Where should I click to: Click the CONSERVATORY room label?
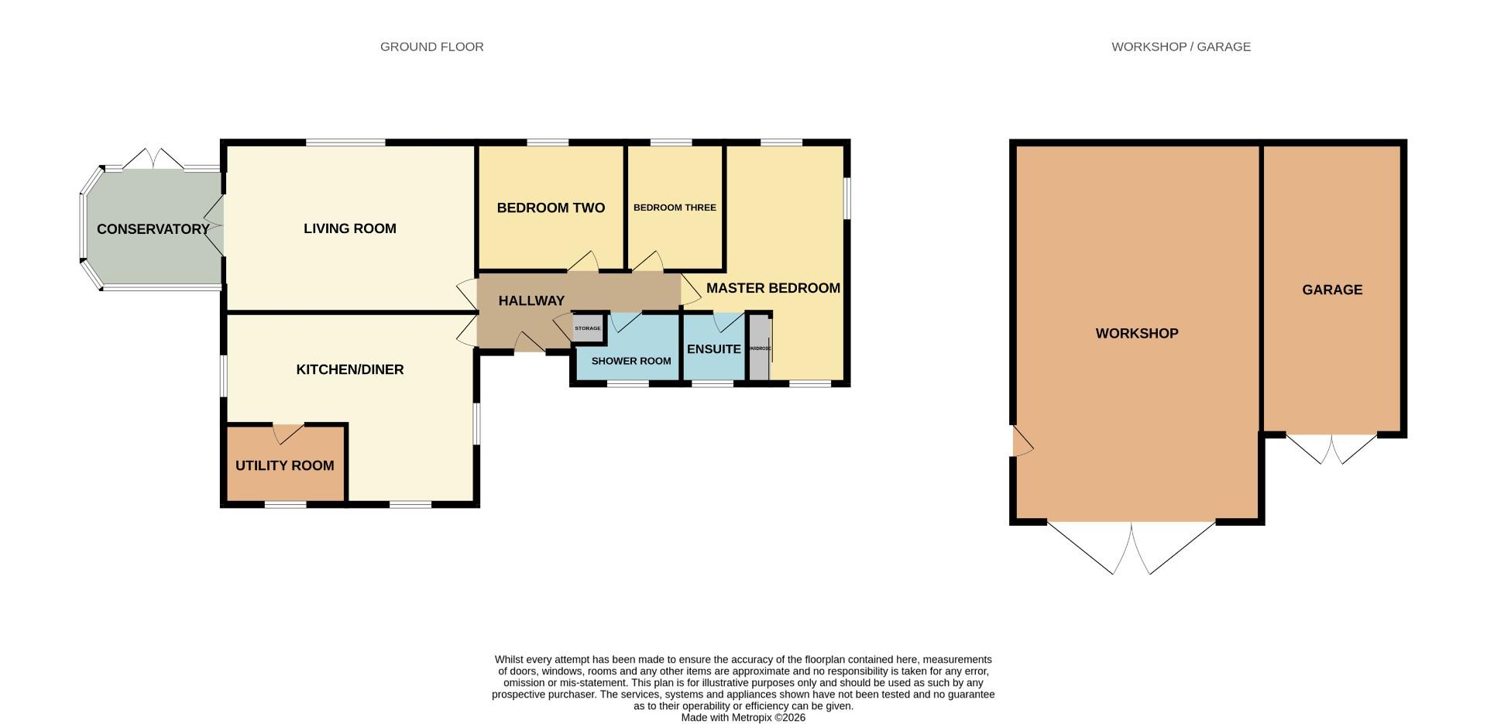(x=153, y=229)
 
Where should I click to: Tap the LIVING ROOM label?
(x=350, y=228)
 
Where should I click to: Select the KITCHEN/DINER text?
(x=350, y=369)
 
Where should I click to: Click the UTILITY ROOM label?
(x=285, y=465)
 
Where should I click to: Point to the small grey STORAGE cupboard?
(x=587, y=328)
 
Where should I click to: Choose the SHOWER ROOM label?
(x=631, y=361)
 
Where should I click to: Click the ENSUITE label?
(x=714, y=349)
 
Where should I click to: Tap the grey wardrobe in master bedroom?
(x=759, y=348)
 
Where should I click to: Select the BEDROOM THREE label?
(x=675, y=208)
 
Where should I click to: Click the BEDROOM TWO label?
(x=551, y=208)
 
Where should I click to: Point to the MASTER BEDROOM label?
(x=773, y=288)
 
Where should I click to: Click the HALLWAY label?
(x=531, y=300)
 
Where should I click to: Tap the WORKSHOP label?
(x=1137, y=334)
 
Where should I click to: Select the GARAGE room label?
(x=1332, y=290)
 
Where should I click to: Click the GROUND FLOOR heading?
(x=432, y=46)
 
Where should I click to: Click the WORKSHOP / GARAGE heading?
(x=1181, y=46)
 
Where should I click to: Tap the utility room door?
(x=287, y=434)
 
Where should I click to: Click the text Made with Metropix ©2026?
(x=743, y=718)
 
